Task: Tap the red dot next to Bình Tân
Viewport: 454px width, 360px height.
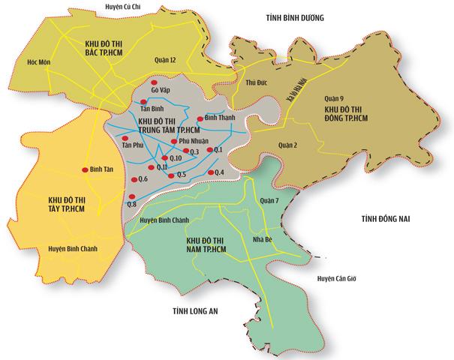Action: point(84,169)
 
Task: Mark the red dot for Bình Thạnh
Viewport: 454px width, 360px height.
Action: point(199,119)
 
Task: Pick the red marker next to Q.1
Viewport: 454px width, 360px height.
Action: point(210,151)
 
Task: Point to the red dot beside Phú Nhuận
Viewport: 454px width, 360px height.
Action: point(173,140)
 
